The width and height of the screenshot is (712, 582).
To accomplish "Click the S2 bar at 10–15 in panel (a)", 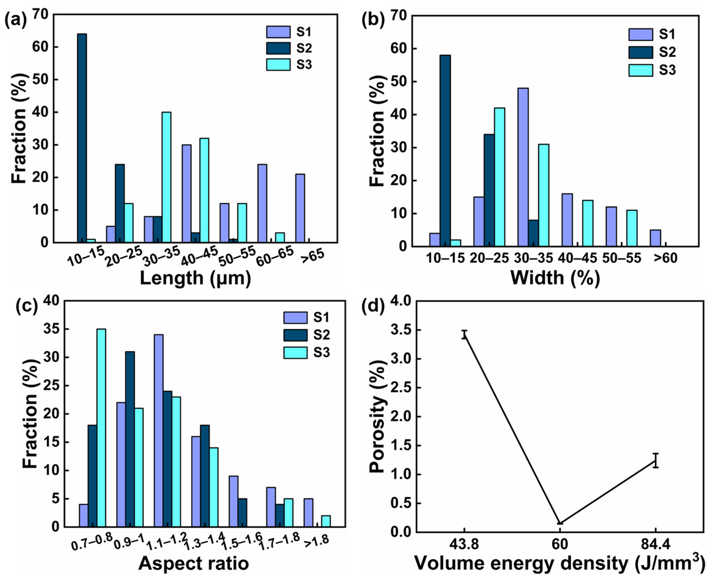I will point(82,138).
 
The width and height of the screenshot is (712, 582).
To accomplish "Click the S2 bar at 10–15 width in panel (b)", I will point(445,151).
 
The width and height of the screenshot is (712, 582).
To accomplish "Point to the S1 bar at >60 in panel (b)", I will point(655,238).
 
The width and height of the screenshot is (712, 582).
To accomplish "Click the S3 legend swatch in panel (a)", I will point(278,64).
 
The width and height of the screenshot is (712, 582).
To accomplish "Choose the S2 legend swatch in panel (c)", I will point(295,335).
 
